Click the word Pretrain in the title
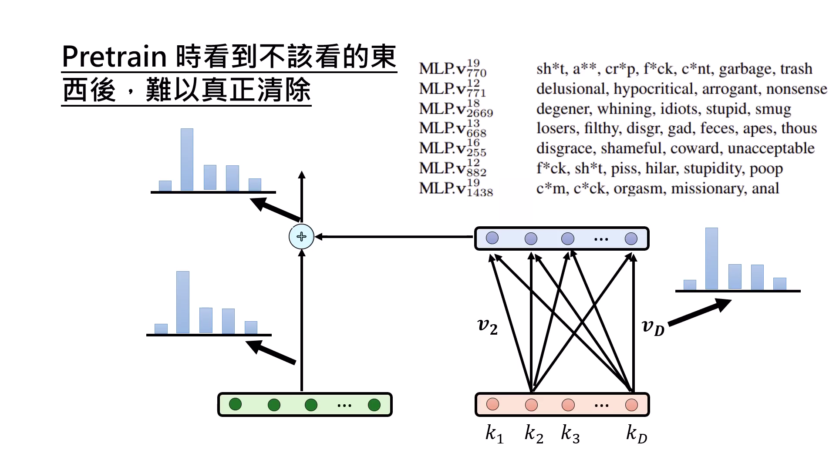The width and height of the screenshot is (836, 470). pos(114,57)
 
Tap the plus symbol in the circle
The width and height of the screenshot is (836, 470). pos(301,237)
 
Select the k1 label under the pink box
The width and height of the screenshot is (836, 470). pos(494,434)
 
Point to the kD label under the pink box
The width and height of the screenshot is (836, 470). pos(636,434)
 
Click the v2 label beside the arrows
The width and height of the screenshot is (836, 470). pos(487,326)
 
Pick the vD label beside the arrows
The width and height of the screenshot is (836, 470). pos(653,327)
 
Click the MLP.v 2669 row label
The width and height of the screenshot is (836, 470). pos(455,109)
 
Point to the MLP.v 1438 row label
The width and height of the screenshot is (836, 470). pos(455,188)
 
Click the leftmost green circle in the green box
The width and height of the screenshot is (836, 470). pos(235,404)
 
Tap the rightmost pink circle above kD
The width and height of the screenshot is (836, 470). pos(631,405)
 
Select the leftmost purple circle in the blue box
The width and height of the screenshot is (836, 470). pos(492,238)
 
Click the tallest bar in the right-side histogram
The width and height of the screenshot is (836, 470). pos(711,258)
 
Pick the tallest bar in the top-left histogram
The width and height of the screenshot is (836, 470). pos(187,159)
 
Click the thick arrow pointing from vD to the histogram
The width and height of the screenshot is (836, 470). pos(699,312)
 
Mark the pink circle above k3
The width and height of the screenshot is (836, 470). pos(568,405)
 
